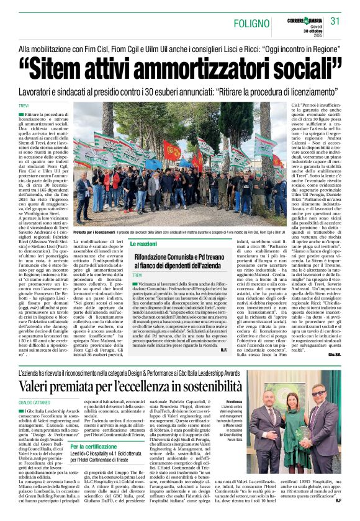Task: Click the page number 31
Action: click(336, 21)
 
